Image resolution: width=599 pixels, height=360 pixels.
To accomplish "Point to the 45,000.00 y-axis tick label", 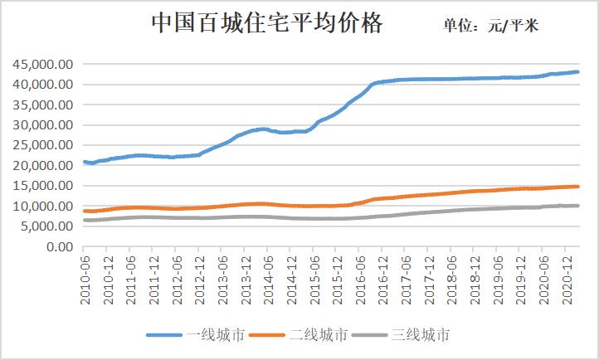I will [x=41, y=64].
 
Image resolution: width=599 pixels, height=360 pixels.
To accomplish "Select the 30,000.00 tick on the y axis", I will [x=41, y=124].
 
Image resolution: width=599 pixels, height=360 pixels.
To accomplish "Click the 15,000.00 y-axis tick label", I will [x=41, y=186].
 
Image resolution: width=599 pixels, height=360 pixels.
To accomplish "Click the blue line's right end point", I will [x=577, y=72].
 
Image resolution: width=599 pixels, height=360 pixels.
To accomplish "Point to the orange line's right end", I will [x=577, y=187].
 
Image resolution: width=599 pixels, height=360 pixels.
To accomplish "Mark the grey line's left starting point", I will [x=84, y=220].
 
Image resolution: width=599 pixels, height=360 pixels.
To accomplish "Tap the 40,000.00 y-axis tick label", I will [x=41, y=84].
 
